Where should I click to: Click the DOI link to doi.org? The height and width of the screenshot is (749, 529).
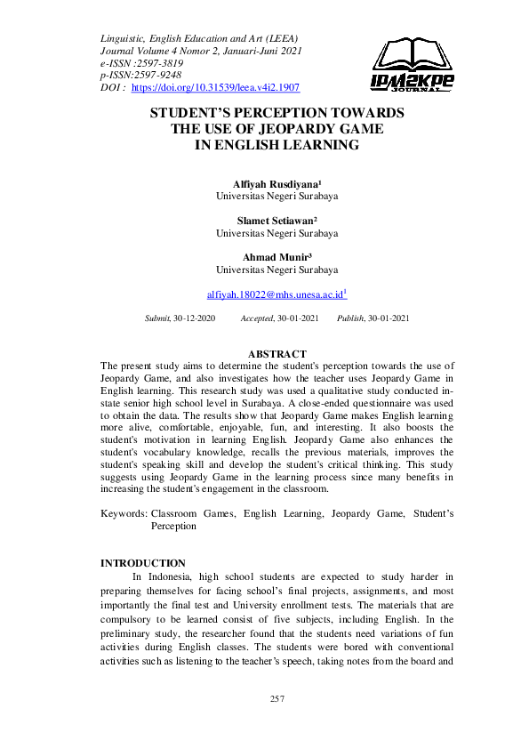click(x=215, y=88)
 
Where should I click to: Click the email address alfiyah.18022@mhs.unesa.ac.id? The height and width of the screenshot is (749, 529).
click(x=276, y=293)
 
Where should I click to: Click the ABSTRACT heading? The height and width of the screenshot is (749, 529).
click(x=277, y=354)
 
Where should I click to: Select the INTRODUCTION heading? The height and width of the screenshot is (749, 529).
click(x=143, y=563)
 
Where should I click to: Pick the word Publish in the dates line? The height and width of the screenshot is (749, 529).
click(x=350, y=318)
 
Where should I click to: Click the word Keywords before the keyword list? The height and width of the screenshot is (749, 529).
click(x=123, y=513)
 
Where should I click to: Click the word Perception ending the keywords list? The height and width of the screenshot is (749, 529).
click(x=174, y=526)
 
